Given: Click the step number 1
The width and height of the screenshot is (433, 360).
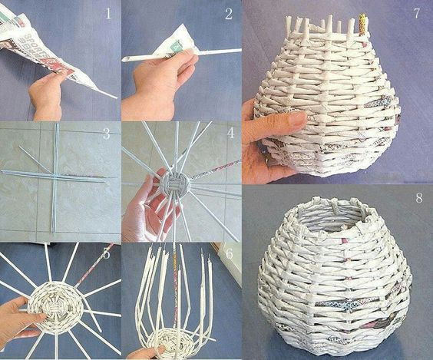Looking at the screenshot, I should (108, 14).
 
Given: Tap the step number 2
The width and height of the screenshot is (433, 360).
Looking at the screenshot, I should (228, 14).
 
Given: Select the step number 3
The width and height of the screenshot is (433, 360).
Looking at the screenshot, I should (106, 133).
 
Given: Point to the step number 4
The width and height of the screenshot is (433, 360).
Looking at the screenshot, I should (229, 132).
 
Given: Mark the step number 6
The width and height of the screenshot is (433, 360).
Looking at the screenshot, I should (229, 253).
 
